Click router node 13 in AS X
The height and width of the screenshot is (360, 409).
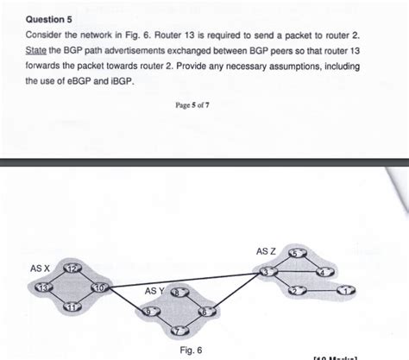click(40, 287)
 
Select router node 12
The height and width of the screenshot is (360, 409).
click(72, 270)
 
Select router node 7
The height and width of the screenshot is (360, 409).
click(179, 330)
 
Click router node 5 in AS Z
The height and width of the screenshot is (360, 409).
click(296, 253)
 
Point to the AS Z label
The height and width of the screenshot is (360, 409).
click(266, 250)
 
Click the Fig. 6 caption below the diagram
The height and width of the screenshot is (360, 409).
click(192, 350)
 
